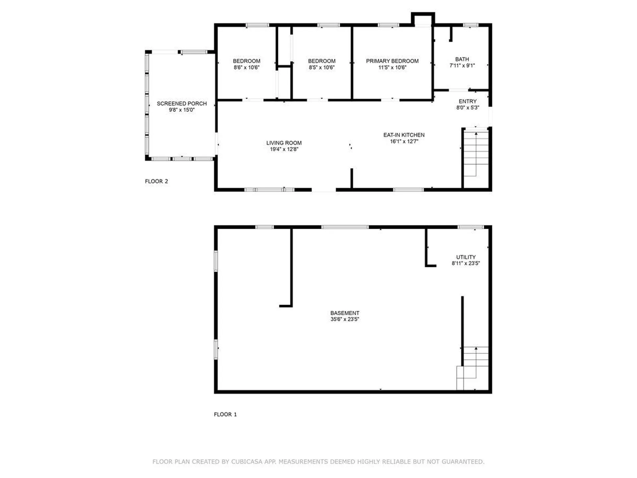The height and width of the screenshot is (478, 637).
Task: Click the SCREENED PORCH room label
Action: point(181,104)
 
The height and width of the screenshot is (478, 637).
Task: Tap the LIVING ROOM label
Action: point(284,143)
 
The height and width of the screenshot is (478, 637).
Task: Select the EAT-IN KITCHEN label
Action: point(404,135)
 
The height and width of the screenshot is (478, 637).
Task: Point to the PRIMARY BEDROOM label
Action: point(392,61)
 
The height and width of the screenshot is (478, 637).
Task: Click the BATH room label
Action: point(462,59)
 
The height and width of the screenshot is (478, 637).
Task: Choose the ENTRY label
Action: point(467,101)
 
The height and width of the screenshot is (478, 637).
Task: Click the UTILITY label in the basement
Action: point(465,257)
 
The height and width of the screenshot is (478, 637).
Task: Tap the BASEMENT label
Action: point(345,313)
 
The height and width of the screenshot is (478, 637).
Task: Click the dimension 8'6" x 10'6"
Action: point(246,67)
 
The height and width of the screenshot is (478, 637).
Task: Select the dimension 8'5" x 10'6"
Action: point(321,67)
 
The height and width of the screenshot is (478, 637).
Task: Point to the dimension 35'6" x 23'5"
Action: point(345,319)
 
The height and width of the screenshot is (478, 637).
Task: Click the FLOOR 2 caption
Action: point(156,181)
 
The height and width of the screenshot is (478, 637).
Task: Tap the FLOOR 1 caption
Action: point(225,414)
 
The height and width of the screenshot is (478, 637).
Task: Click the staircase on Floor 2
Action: point(476,153)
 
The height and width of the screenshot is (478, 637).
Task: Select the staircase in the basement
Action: point(472,368)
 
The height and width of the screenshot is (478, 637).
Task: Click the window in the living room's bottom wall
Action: point(269,190)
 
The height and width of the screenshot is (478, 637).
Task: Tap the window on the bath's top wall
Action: point(470,25)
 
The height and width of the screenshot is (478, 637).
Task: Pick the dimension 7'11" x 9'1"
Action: point(462,65)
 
